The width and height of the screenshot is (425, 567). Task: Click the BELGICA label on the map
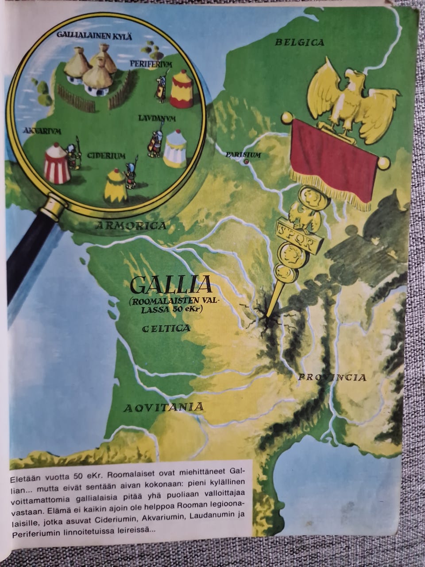(300, 43)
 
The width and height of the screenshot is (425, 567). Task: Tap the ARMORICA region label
(131, 226)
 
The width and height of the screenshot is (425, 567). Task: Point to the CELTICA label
(166, 328)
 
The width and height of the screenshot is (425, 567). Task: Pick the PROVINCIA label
(332, 377)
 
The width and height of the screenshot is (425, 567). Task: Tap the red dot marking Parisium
(246, 162)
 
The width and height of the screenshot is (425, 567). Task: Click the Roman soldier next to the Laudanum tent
(155, 143)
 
